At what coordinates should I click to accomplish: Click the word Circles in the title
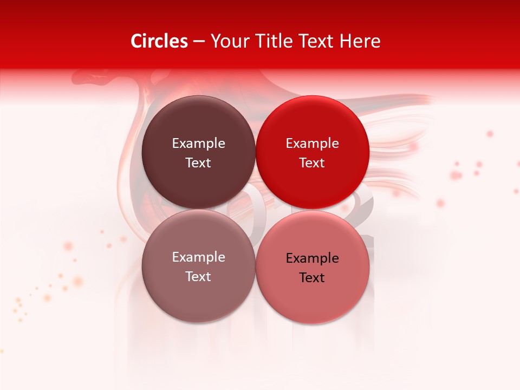coord(159,41)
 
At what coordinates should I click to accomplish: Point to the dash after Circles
coord(199,42)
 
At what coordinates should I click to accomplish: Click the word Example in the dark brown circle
coord(198,144)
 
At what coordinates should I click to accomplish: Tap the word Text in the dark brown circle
coord(198,163)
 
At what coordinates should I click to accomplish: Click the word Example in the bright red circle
coord(312,144)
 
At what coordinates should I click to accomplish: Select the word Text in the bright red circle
coord(312,163)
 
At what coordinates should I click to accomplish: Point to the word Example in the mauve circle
coord(198,257)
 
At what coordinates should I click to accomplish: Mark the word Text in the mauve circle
coord(198,277)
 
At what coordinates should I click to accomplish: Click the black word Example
coord(312,258)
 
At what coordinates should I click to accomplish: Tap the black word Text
coord(312,278)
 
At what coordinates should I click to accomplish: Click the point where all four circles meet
coord(255,209)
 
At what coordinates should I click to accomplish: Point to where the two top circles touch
coord(255,152)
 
